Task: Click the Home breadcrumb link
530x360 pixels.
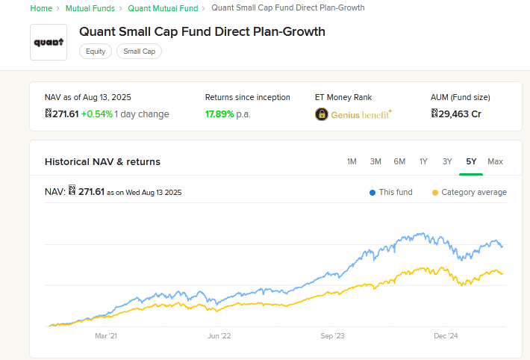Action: coord(41,8)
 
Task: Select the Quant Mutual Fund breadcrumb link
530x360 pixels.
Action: coord(163,8)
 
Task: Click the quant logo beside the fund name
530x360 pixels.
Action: coord(49,42)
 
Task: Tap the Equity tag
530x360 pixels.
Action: coord(96,52)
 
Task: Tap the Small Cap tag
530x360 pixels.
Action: coord(139,52)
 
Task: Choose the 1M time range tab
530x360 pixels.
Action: coord(352,161)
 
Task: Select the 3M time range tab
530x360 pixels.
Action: coord(375,161)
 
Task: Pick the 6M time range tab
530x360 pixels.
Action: coord(399,161)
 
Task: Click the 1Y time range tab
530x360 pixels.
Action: coord(423,161)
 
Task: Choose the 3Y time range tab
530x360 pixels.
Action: coord(447,161)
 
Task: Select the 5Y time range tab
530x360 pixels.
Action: coord(471,161)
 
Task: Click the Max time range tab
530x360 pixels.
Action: coord(495,161)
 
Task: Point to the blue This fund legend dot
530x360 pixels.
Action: coord(372,193)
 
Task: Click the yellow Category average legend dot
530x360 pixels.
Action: coord(435,193)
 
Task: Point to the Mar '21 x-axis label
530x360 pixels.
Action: coord(106,336)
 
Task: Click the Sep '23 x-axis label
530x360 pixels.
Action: coord(332,336)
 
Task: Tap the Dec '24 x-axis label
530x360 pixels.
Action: coord(446,336)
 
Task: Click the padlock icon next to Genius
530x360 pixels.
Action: coord(321,114)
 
